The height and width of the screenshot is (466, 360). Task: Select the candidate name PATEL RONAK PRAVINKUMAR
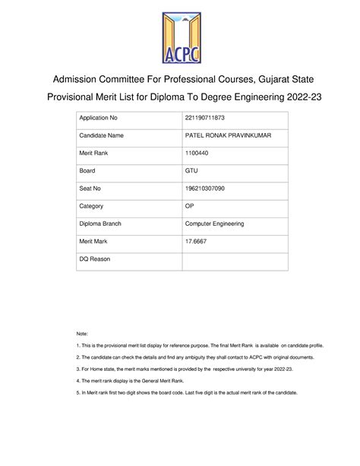pos(228,135)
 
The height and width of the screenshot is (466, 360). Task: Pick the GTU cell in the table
pos(191,170)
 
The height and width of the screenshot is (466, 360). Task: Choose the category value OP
pos(190,205)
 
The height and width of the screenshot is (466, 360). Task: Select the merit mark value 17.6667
pos(196,242)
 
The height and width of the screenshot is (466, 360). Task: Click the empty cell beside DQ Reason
pos(235,260)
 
